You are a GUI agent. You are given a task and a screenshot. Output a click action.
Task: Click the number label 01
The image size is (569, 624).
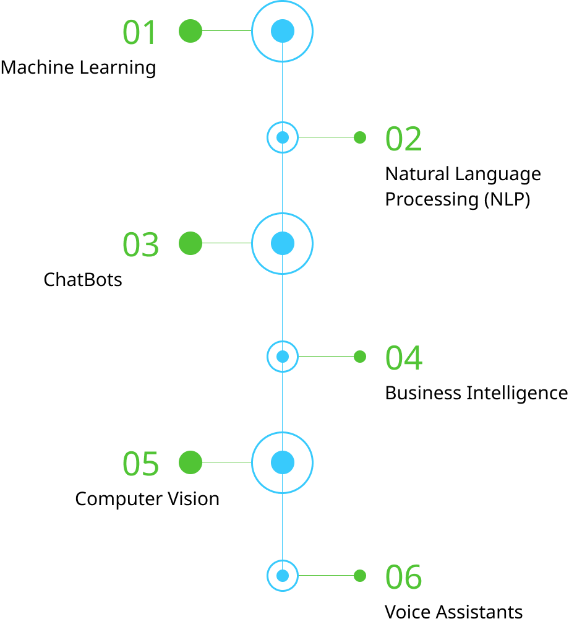[x=140, y=32]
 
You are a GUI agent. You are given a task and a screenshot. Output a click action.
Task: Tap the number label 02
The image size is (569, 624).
[x=403, y=139]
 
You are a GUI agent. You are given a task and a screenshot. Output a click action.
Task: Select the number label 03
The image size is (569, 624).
[x=140, y=245]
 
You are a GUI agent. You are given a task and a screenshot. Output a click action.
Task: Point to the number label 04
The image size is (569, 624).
[x=403, y=358]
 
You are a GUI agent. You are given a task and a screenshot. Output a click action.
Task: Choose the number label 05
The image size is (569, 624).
[x=140, y=464]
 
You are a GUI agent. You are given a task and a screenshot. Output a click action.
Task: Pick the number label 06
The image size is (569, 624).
[x=403, y=577]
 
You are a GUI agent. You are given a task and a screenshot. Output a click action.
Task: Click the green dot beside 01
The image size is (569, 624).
[x=190, y=31]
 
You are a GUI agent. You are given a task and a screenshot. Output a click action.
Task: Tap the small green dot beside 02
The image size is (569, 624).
[x=360, y=137]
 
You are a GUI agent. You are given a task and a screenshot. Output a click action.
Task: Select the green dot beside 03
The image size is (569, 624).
[x=190, y=243]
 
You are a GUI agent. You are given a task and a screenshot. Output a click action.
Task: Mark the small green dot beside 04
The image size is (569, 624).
[x=360, y=357]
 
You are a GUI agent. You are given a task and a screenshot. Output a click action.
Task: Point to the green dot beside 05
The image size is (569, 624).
[x=190, y=462]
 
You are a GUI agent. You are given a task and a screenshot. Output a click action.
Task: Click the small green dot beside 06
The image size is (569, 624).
[x=360, y=576]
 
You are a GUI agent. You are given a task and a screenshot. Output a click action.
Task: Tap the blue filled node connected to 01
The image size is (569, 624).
[x=283, y=31]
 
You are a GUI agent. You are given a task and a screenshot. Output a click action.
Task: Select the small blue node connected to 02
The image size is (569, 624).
[x=283, y=137]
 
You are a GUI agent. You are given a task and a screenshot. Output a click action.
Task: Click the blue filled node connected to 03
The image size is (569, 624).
[x=283, y=243]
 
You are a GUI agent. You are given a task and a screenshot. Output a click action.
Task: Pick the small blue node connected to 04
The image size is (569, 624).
[x=283, y=357]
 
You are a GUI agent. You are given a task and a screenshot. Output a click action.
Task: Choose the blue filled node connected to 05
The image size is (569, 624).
[x=283, y=462]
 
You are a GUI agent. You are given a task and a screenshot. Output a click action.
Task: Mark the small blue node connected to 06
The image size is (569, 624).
[x=283, y=576]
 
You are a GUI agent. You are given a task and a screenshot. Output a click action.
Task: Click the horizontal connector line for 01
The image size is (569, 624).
[x=226, y=30]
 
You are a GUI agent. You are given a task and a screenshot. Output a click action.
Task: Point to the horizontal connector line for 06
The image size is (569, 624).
[x=326, y=575]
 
